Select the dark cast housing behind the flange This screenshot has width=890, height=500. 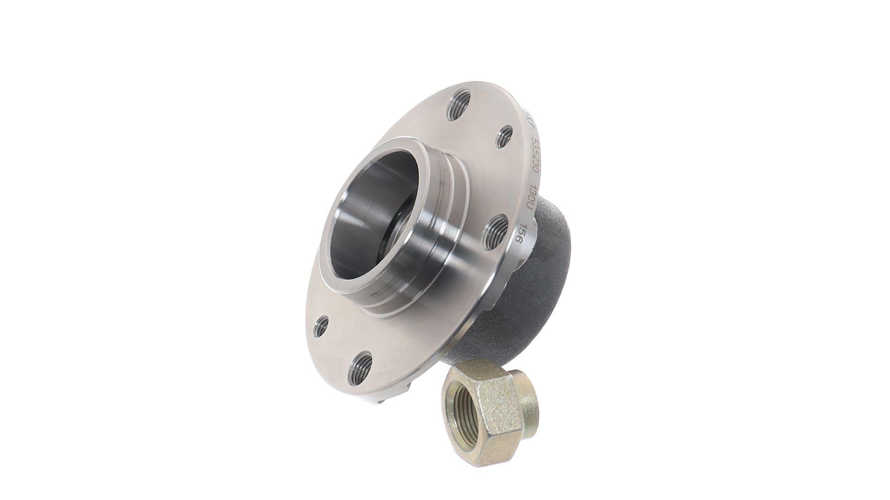point(542,287)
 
